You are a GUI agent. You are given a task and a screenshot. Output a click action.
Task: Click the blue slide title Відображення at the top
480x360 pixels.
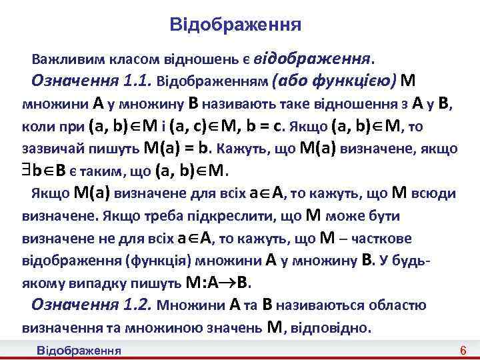(x=235, y=25)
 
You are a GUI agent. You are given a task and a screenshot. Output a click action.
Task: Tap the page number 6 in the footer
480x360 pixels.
(x=463, y=351)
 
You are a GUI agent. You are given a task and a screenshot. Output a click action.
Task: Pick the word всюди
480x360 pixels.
(x=435, y=194)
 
